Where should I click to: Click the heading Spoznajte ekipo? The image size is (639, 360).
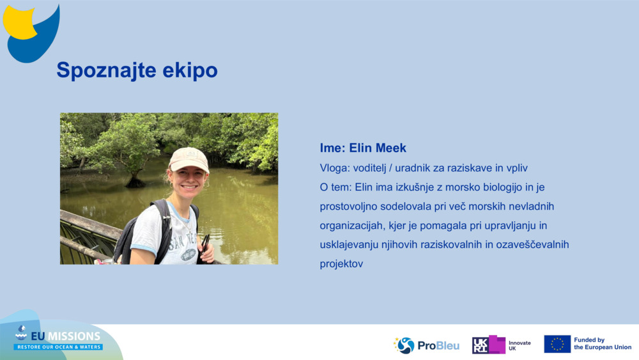[x=137, y=70]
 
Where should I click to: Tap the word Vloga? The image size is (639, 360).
[x=334, y=168]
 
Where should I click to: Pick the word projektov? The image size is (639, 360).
[x=341, y=263]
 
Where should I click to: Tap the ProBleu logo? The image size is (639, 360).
[x=426, y=345]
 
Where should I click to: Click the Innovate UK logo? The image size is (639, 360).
[x=502, y=345]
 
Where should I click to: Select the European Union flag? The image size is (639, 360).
[x=557, y=344]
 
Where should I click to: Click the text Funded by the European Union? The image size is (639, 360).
[x=602, y=344]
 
